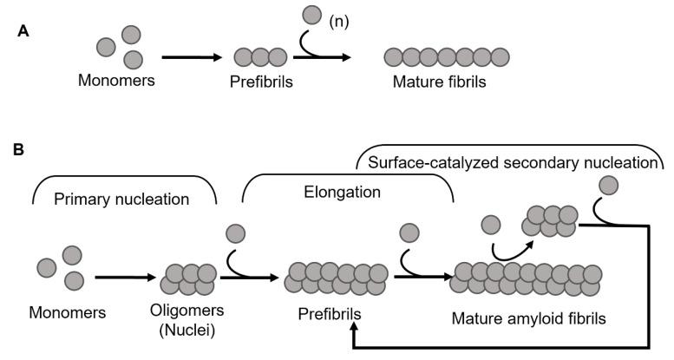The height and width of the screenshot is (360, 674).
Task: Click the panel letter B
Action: (18, 150)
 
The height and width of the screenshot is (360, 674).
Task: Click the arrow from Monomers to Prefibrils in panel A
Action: (191, 57)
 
